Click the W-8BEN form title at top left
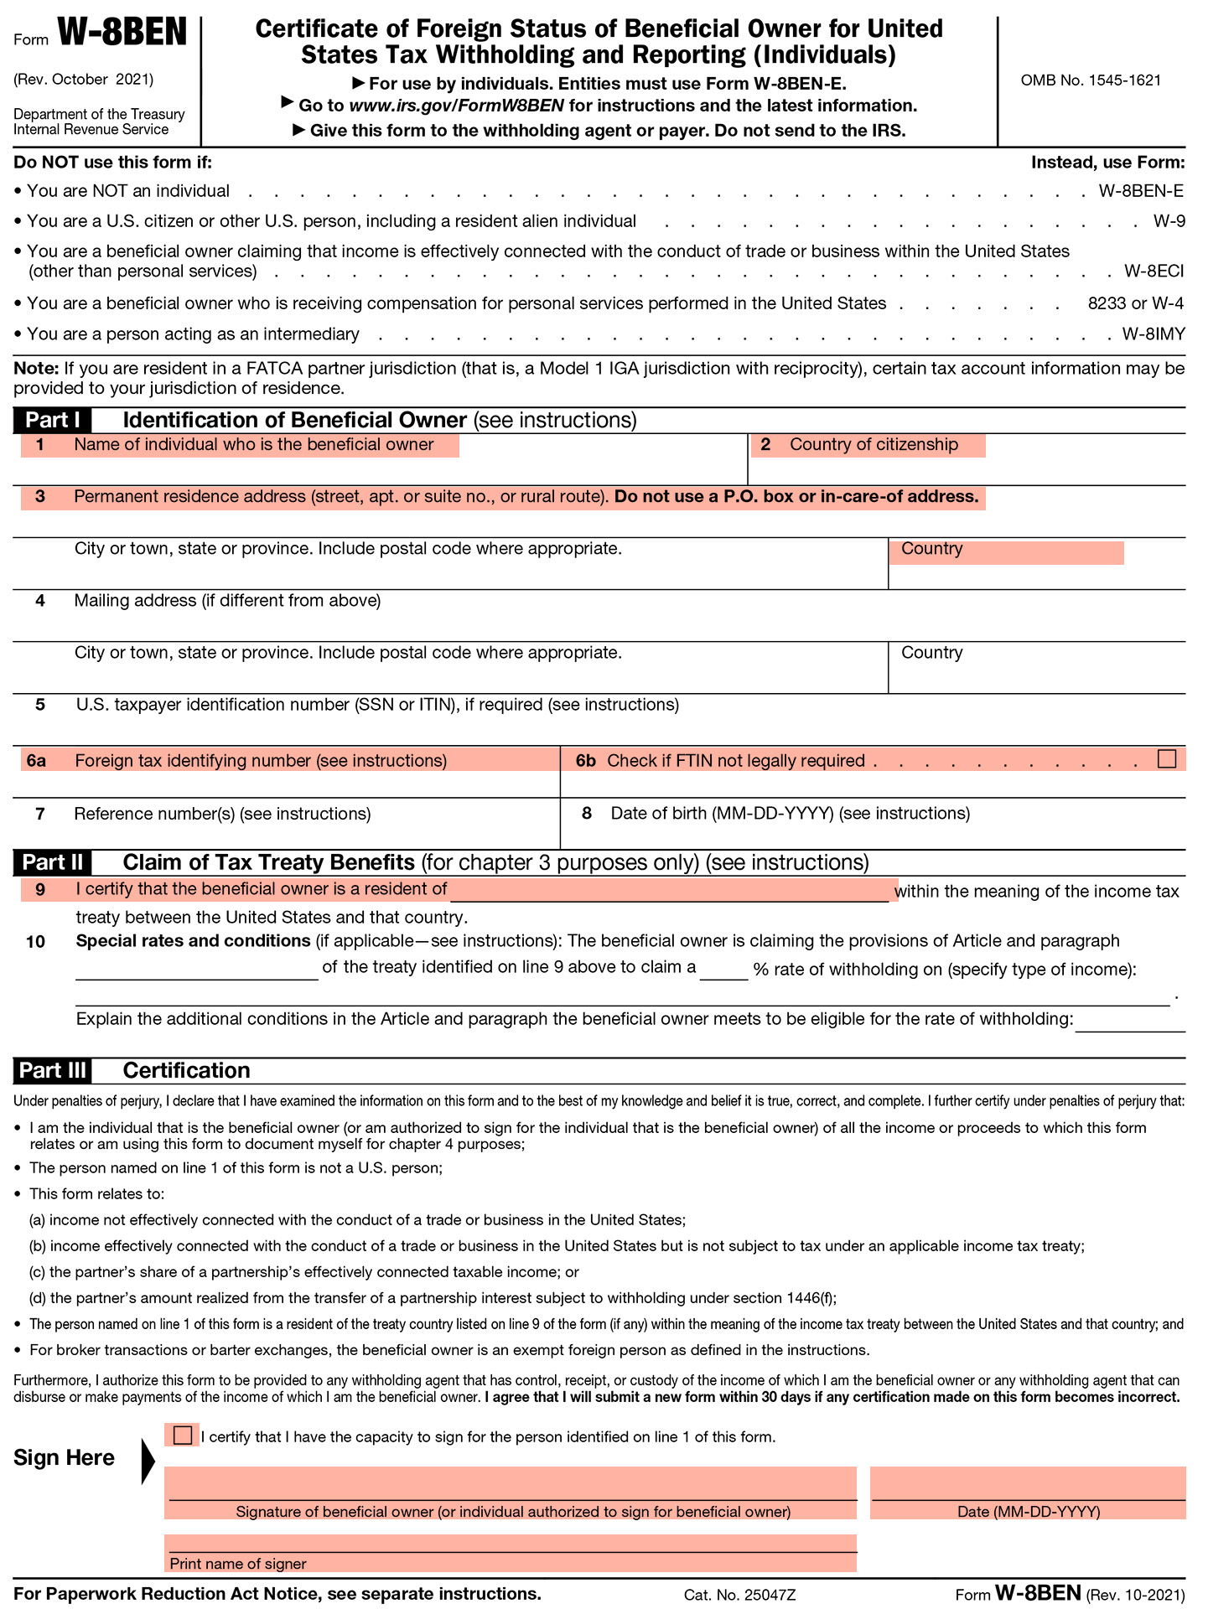click(x=122, y=34)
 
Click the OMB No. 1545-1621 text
click(x=1091, y=80)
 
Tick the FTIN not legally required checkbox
click(x=1166, y=758)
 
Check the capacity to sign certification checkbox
click(x=182, y=1435)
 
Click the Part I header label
click(x=52, y=420)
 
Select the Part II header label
click(x=52, y=862)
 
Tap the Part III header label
click(x=52, y=1070)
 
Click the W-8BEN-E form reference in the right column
click(x=1141, y=191)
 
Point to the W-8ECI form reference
click(x=1154, y=272)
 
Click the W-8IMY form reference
click(x=1154, y=334)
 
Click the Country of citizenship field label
click(x=873, y=445)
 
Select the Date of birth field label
click(x=790, y=814)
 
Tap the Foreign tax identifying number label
click(x=260, y=761)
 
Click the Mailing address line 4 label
click(x=226, y=601)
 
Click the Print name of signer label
click(x=237, y=1564)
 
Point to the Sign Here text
click(x=64, y=1457)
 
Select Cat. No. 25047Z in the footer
click(x=739, y=1595)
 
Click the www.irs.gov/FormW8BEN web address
click(x=456, y=106)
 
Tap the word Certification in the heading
click(x=186, y=1070)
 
